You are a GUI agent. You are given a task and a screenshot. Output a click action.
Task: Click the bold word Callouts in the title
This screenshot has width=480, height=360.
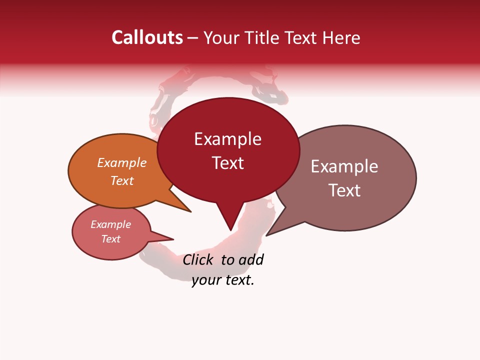click(147, 37)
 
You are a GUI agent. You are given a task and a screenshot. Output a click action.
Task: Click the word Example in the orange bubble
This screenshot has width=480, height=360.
click(122, 163)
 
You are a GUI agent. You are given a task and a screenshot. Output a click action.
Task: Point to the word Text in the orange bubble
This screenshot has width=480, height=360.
click(122, 180)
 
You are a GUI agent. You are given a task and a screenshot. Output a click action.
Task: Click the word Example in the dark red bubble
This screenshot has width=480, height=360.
click(227, 139)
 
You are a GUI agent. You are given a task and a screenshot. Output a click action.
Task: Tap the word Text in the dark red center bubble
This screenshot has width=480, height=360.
click(228, 163)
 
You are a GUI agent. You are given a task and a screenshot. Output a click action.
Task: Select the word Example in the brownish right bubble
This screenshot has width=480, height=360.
click(344, 166)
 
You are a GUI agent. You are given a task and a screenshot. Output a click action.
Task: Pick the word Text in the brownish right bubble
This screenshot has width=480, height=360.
click(344, 190)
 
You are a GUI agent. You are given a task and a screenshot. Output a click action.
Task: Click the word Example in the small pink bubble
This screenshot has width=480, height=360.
click(110, 224)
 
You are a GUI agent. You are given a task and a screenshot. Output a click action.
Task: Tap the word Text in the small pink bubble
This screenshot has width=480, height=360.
click(110, 239)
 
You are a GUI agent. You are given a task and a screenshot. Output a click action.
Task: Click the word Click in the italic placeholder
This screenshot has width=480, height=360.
click(198, 259)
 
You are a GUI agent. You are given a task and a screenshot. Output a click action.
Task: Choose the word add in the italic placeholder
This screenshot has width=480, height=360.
click(251, 259)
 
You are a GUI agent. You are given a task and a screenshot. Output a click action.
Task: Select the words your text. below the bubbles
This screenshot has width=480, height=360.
click(223, 280)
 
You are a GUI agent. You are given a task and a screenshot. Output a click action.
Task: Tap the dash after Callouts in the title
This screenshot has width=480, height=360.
click(193, 38)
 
